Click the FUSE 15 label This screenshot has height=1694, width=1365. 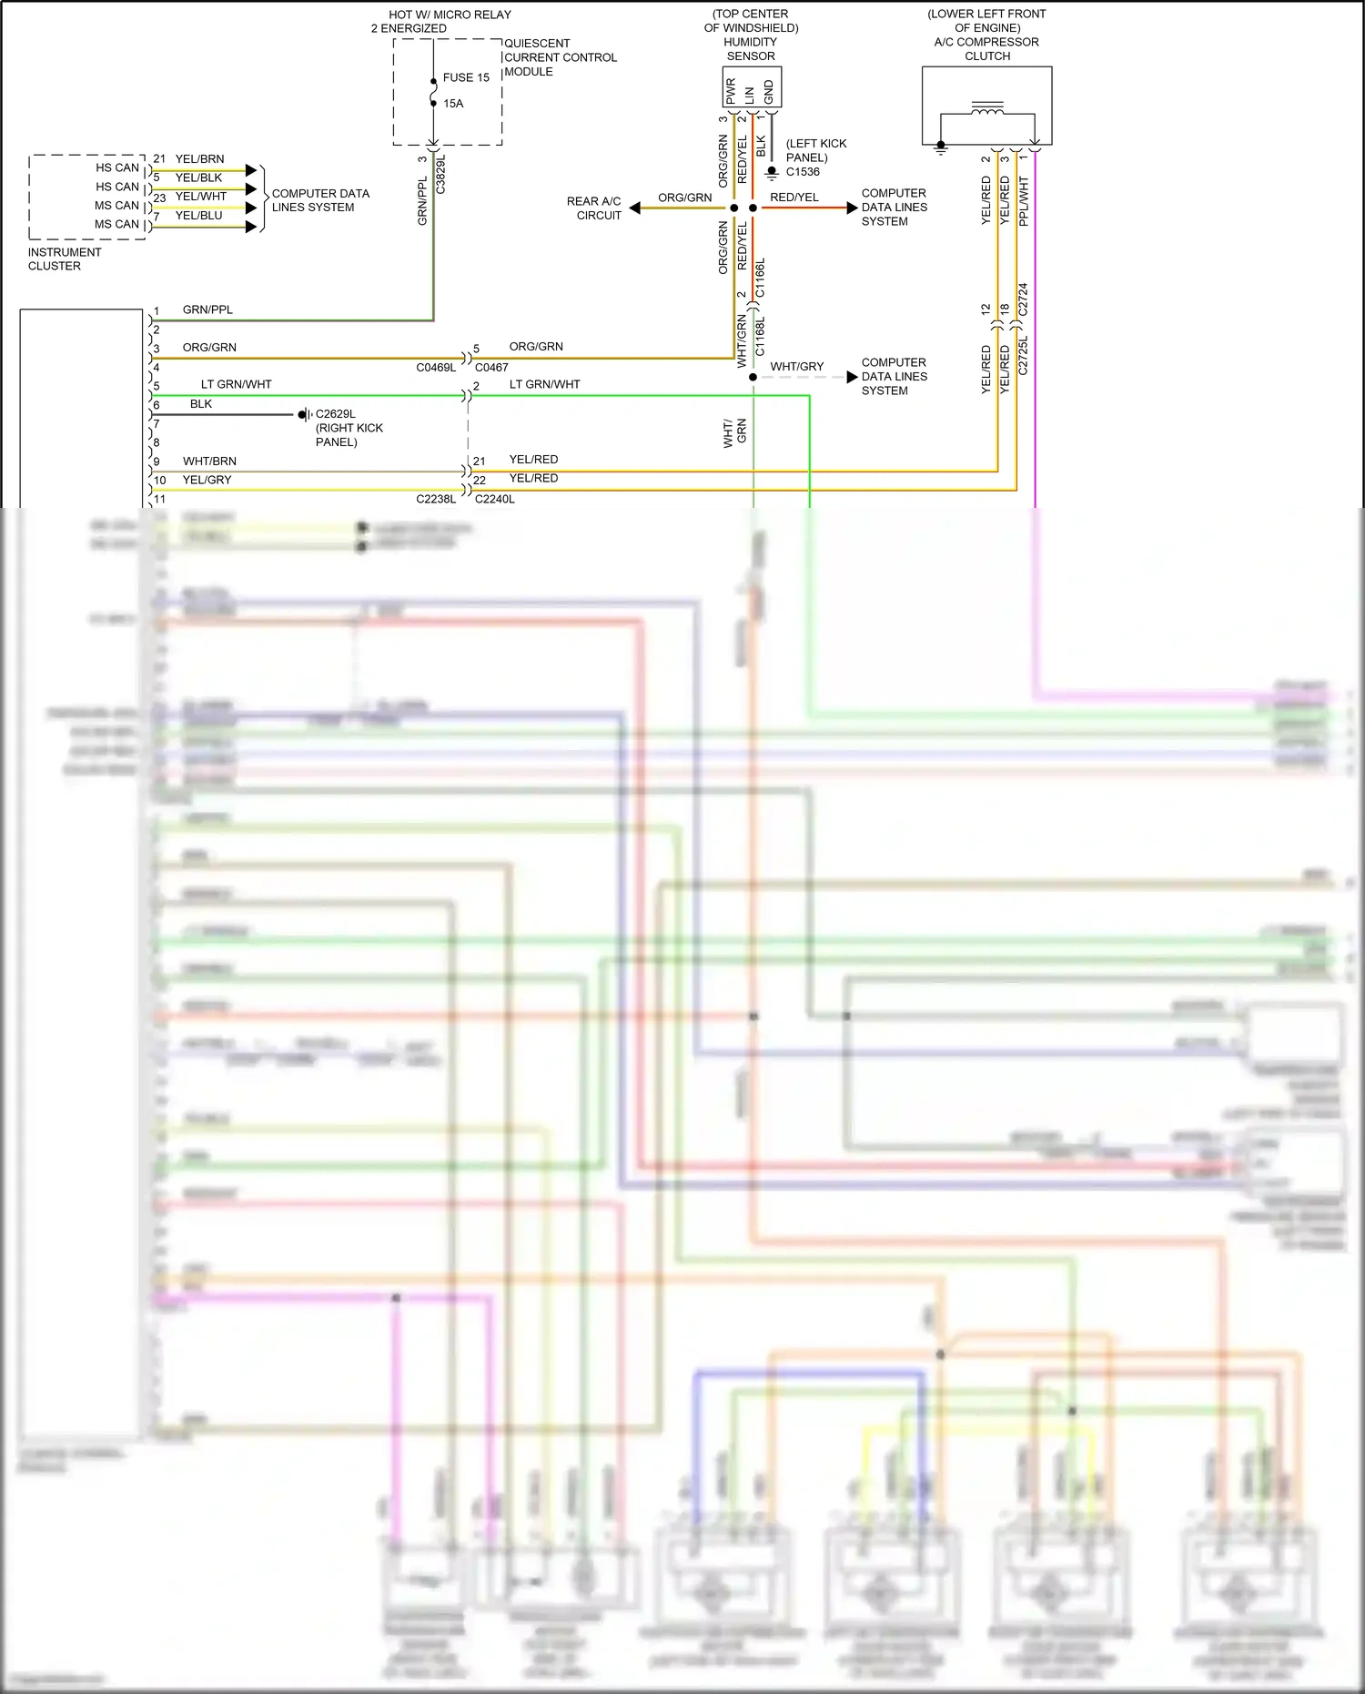pyautogui.click(x=466, y=77)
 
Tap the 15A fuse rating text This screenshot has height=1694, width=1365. pyautogui.click(x=453, y=104)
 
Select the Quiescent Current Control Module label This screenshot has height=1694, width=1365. pyautogui.click(x=560, y=57)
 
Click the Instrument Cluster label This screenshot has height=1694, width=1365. pyautogui.click(x=64, y=259)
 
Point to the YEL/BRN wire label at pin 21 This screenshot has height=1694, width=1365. pyautogui.click(x=199, y=159)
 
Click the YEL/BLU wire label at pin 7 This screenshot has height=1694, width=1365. pyautogui.click(x=198, y=216)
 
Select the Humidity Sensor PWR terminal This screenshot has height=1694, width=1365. pyautogui.click(x=731, y=90)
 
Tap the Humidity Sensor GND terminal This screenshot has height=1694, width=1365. pyautogui.click(x=770, y=90)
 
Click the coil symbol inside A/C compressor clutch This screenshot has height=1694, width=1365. pyautogui.click(x=987, y=109)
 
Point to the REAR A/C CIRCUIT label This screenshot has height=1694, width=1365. pyautogui.click(x=594, y=208)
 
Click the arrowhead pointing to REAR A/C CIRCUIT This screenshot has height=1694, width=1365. pyautogui.click(x=635, y=208)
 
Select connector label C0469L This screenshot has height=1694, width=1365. pyautogui.click(x=436, y=368)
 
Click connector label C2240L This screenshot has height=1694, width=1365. pyautogui.click(x=495, y=499)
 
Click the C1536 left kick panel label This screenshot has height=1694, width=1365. pyautogui.click(x=803, y=171)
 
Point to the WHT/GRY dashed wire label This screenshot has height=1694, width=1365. pyautogui.click(x=796, y=367)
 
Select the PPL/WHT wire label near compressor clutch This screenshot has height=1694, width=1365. pyautogui.click(x=1024, y=201)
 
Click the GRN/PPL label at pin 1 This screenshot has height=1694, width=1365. pyautogui.click(x=207, y=309)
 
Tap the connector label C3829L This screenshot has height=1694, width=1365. pyautogui.click(x=440, y=173)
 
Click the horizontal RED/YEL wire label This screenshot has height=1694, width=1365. pyautogui.click(x=794, y=198)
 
